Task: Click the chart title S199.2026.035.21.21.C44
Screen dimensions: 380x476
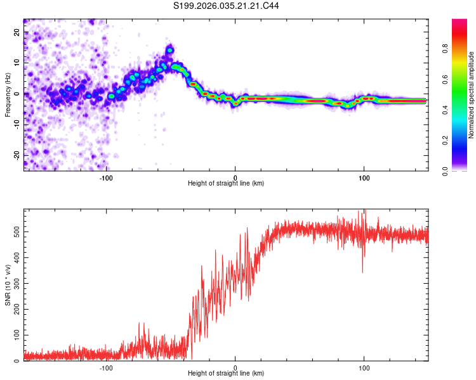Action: coord(226,6)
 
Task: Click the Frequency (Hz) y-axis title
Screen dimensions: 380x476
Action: coord(8,94)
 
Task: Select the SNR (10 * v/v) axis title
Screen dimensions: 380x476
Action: coord(8,285)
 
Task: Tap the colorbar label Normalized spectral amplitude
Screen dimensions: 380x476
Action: coord(472,95)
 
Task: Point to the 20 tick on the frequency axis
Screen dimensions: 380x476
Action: coord(17,32)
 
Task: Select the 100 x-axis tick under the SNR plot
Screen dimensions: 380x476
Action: coord(364,367)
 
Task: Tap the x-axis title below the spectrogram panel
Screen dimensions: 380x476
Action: coord(226,184)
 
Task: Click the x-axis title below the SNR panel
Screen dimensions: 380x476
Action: coord(226,374)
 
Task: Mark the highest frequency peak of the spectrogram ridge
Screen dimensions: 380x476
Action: coord(169,48)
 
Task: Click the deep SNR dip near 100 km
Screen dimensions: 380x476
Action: coord(362,272)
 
